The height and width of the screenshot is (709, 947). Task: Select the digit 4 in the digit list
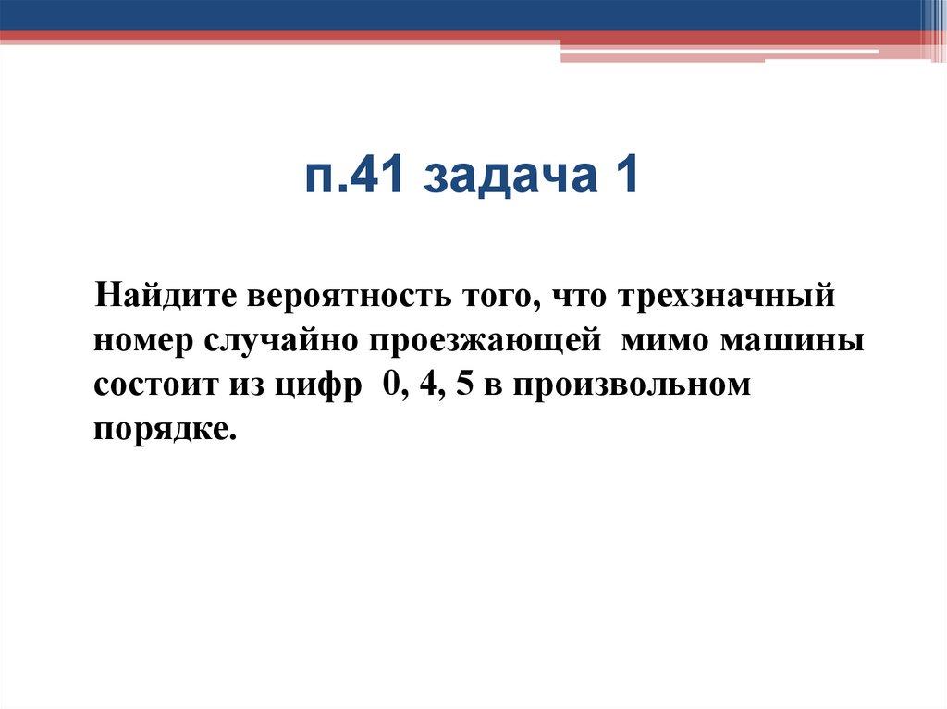pyautogui.click(x=423, y=385)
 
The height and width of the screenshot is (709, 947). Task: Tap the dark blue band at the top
pyautogui.click(x=462, y=14)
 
